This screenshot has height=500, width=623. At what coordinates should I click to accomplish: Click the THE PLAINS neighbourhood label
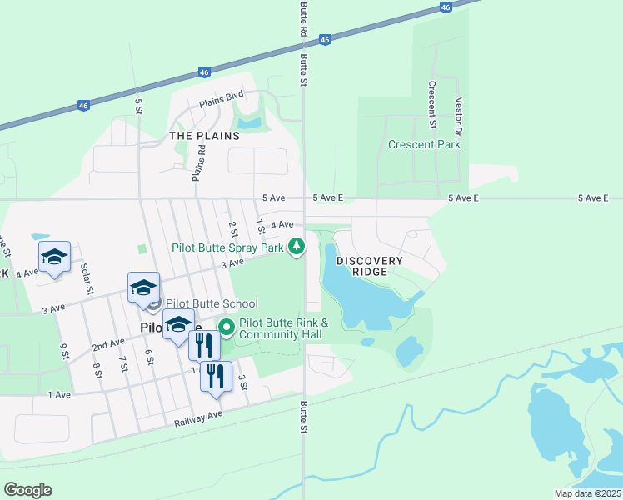click(x=204, y=135)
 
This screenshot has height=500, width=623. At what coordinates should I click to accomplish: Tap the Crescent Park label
click(x=424, y=144)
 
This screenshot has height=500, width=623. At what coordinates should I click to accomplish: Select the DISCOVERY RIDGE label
click(x=370, y=267)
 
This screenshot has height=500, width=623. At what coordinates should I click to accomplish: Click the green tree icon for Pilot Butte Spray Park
click(x=296, y=246)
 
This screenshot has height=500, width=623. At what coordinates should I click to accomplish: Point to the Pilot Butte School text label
click(x=212, y=304)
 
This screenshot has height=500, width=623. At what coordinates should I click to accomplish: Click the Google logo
click(x=27, y=489)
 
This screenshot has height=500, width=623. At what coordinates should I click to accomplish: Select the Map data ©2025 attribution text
click(x=587, y=493)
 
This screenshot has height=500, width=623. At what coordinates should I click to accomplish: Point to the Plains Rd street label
click(x=198, y=162)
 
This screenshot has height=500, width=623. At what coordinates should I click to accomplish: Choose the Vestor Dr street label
click(x=458, y=117)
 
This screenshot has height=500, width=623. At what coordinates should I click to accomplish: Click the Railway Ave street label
click(x=198, y=418)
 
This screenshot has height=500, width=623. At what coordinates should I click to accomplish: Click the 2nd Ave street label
click(x=107, y=344)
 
